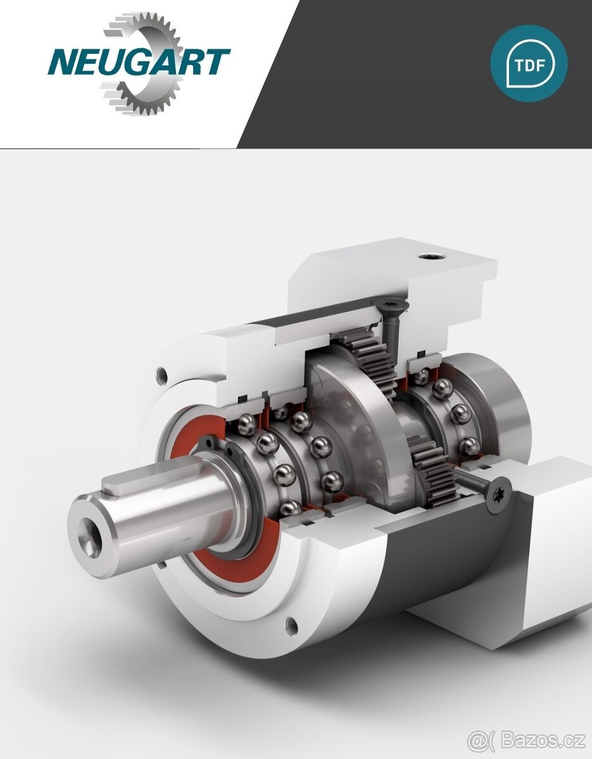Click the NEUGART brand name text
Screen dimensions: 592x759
[139, 63]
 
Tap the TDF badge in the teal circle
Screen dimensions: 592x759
[529, 63]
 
